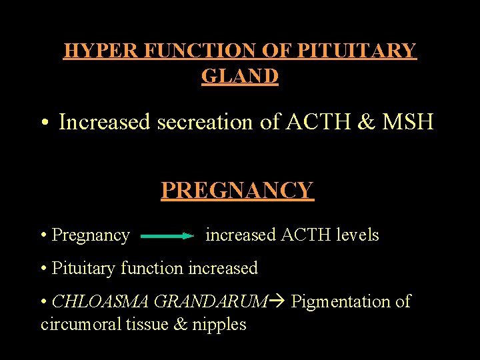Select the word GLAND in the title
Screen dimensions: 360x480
[240, 76]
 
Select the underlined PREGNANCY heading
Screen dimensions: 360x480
[237, 191]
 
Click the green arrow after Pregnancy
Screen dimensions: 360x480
[167, 235]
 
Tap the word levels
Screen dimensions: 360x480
[357, 235]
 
